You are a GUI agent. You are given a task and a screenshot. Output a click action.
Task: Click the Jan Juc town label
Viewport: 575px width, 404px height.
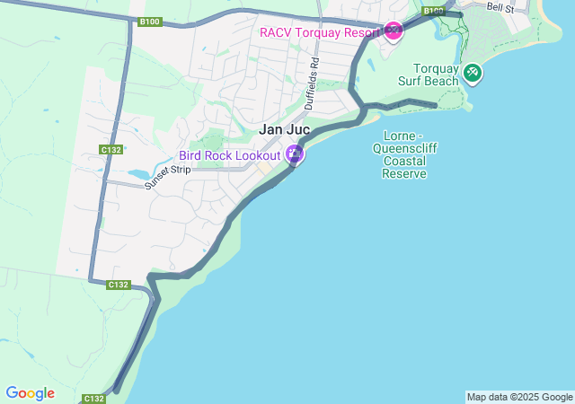click(284, 129)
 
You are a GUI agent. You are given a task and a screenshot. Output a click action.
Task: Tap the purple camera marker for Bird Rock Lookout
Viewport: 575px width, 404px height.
click(295, 154)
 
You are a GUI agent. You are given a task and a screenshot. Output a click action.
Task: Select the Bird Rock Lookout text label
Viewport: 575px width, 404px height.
click(230, 155)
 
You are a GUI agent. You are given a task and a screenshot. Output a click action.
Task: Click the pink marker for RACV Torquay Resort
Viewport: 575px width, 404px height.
click(393, 31)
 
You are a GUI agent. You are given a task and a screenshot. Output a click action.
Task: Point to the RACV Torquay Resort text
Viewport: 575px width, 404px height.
click(319, 32)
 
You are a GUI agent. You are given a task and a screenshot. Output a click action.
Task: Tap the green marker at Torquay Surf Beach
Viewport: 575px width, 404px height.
click(472, 72)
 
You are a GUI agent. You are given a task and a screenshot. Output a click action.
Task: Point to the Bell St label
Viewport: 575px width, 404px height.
click(500, 7)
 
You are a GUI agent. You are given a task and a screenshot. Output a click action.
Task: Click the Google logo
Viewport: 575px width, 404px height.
click(30, 393)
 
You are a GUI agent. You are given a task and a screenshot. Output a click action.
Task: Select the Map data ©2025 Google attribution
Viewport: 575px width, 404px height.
click(519, 397)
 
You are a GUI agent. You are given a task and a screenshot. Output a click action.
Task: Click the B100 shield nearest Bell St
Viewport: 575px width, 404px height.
click(434, 12)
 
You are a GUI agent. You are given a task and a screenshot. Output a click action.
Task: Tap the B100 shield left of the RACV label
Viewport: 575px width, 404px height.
click(150, 21)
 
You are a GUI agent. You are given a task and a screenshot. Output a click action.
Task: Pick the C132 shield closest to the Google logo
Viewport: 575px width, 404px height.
click(94, 398)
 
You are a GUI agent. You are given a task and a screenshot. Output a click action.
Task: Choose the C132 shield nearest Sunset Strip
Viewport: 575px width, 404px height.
click(111, 150)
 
